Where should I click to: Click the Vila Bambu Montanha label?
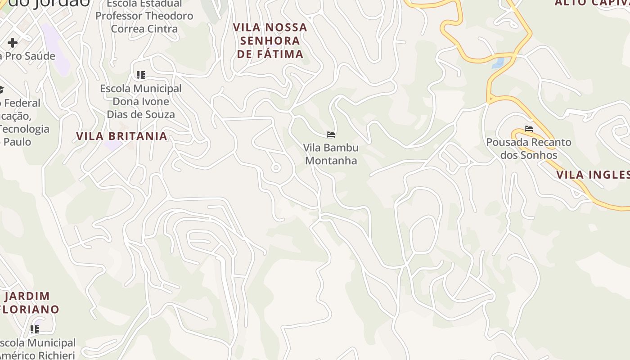coord(331,154)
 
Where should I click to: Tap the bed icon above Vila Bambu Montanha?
coord(331,134)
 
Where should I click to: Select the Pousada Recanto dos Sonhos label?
coord(528,148)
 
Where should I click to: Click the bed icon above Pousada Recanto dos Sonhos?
coord(528,129)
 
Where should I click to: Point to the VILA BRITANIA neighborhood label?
coord(121,136)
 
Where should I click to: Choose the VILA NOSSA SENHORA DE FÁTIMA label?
coord(270,40)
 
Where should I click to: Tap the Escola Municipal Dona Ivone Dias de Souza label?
coord(141,101)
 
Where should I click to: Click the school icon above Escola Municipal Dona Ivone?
coord(141,75)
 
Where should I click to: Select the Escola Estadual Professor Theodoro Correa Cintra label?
coord(144,16)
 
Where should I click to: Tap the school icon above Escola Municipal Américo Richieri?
coord(35,329)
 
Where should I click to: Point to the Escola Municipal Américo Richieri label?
coord(38,349)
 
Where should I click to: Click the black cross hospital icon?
coord(13,43)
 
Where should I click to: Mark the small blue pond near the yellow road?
coord(498,63)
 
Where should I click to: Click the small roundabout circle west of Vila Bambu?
coord(276,168)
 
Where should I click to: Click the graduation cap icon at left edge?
coord(1,90)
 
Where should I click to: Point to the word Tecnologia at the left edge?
coord(24,129)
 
